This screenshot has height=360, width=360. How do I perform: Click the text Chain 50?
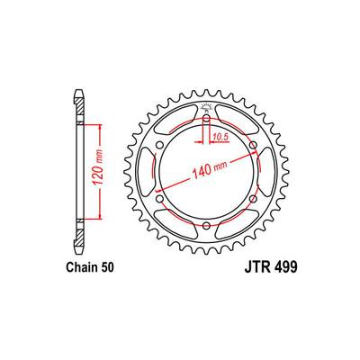coord(90,267)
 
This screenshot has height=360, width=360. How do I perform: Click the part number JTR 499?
coord(271,267)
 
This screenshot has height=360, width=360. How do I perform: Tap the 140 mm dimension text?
coord(210,170)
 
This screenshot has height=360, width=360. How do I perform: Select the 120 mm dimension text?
coord(98,171)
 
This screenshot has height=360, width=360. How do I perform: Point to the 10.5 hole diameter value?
coord(220,138)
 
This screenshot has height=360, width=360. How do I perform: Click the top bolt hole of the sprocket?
coord(206,119)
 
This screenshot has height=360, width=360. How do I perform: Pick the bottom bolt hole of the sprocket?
coord(206,225)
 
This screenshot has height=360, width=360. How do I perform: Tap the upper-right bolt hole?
coord(253,145)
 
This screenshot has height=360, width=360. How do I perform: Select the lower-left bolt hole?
coord(160,199)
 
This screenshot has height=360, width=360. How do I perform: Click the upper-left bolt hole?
coord(160,145)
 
